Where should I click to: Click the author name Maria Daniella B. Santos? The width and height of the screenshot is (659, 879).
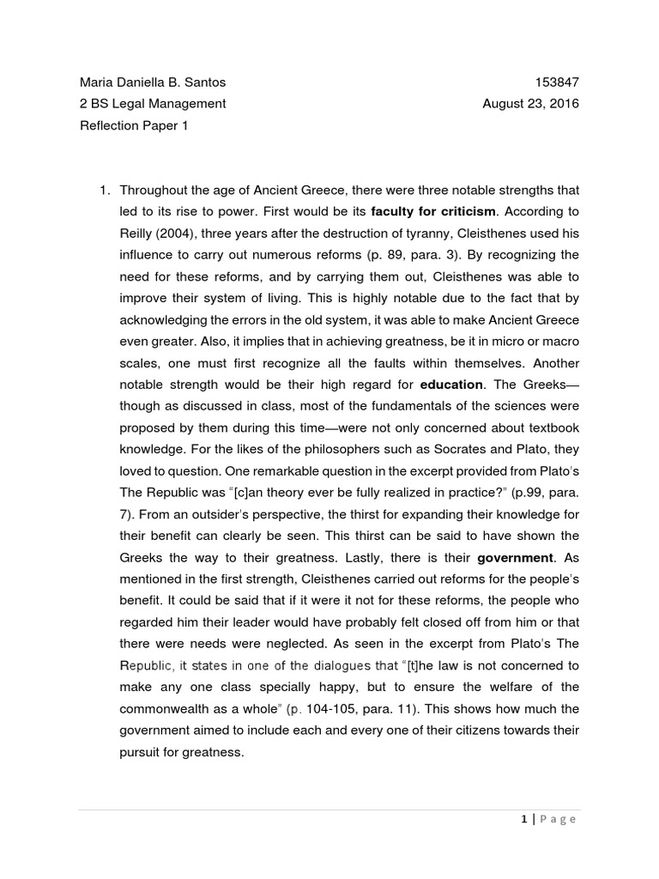[x=153, y=82]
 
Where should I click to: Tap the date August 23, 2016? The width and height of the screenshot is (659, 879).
[x=530, y=104]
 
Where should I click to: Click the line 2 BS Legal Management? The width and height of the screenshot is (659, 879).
[x=153, y=104]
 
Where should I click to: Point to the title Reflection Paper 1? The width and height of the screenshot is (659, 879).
[x=133, y=126]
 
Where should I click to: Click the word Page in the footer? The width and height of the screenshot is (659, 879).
[x=558, y=819]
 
